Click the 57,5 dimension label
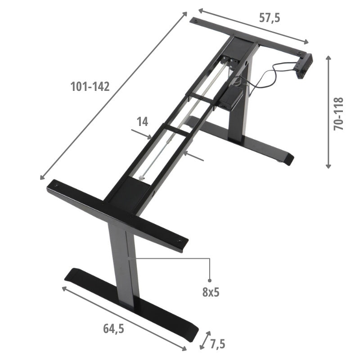(270, 18)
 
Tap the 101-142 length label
(90, 87)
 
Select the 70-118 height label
(339, 113)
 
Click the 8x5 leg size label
(210, 292)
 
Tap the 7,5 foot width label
(217, 344)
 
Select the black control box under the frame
(230, 97)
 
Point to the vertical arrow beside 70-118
(328, 112)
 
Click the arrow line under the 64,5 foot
(124, 318)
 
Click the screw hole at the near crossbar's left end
(55, 184)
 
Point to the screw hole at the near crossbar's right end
(180, 242)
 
